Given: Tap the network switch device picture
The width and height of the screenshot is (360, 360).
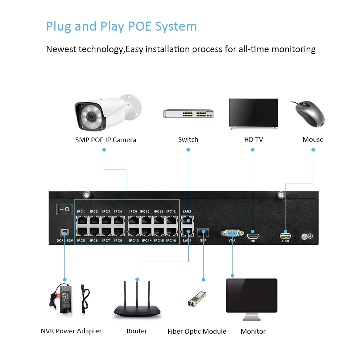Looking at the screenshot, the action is click(188, 113).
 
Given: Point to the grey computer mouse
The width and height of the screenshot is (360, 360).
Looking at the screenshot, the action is click(309, 114).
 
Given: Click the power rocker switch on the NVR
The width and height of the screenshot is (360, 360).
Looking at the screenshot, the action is click(64, 209).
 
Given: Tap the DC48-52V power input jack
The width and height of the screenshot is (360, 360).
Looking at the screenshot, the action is click(64, 232).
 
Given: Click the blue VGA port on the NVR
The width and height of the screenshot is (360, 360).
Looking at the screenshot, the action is click(232, 234).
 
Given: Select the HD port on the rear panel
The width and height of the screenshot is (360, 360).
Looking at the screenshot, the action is click(253, 236).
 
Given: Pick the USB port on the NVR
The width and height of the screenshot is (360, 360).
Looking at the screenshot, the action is click(285, 236).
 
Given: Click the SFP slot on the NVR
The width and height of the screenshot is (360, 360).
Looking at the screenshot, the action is click(203, 232).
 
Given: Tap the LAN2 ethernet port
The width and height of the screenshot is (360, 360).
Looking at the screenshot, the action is click(187, 221).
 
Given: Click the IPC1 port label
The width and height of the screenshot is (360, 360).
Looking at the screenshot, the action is click(81, 211).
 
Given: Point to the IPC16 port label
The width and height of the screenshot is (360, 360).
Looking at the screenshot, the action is click(171, 240).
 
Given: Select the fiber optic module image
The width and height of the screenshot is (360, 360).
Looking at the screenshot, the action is click(197, 299).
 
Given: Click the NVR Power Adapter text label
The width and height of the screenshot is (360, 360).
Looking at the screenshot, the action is click(71, 331).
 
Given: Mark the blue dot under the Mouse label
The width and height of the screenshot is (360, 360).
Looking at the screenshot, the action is click(313, 150).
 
